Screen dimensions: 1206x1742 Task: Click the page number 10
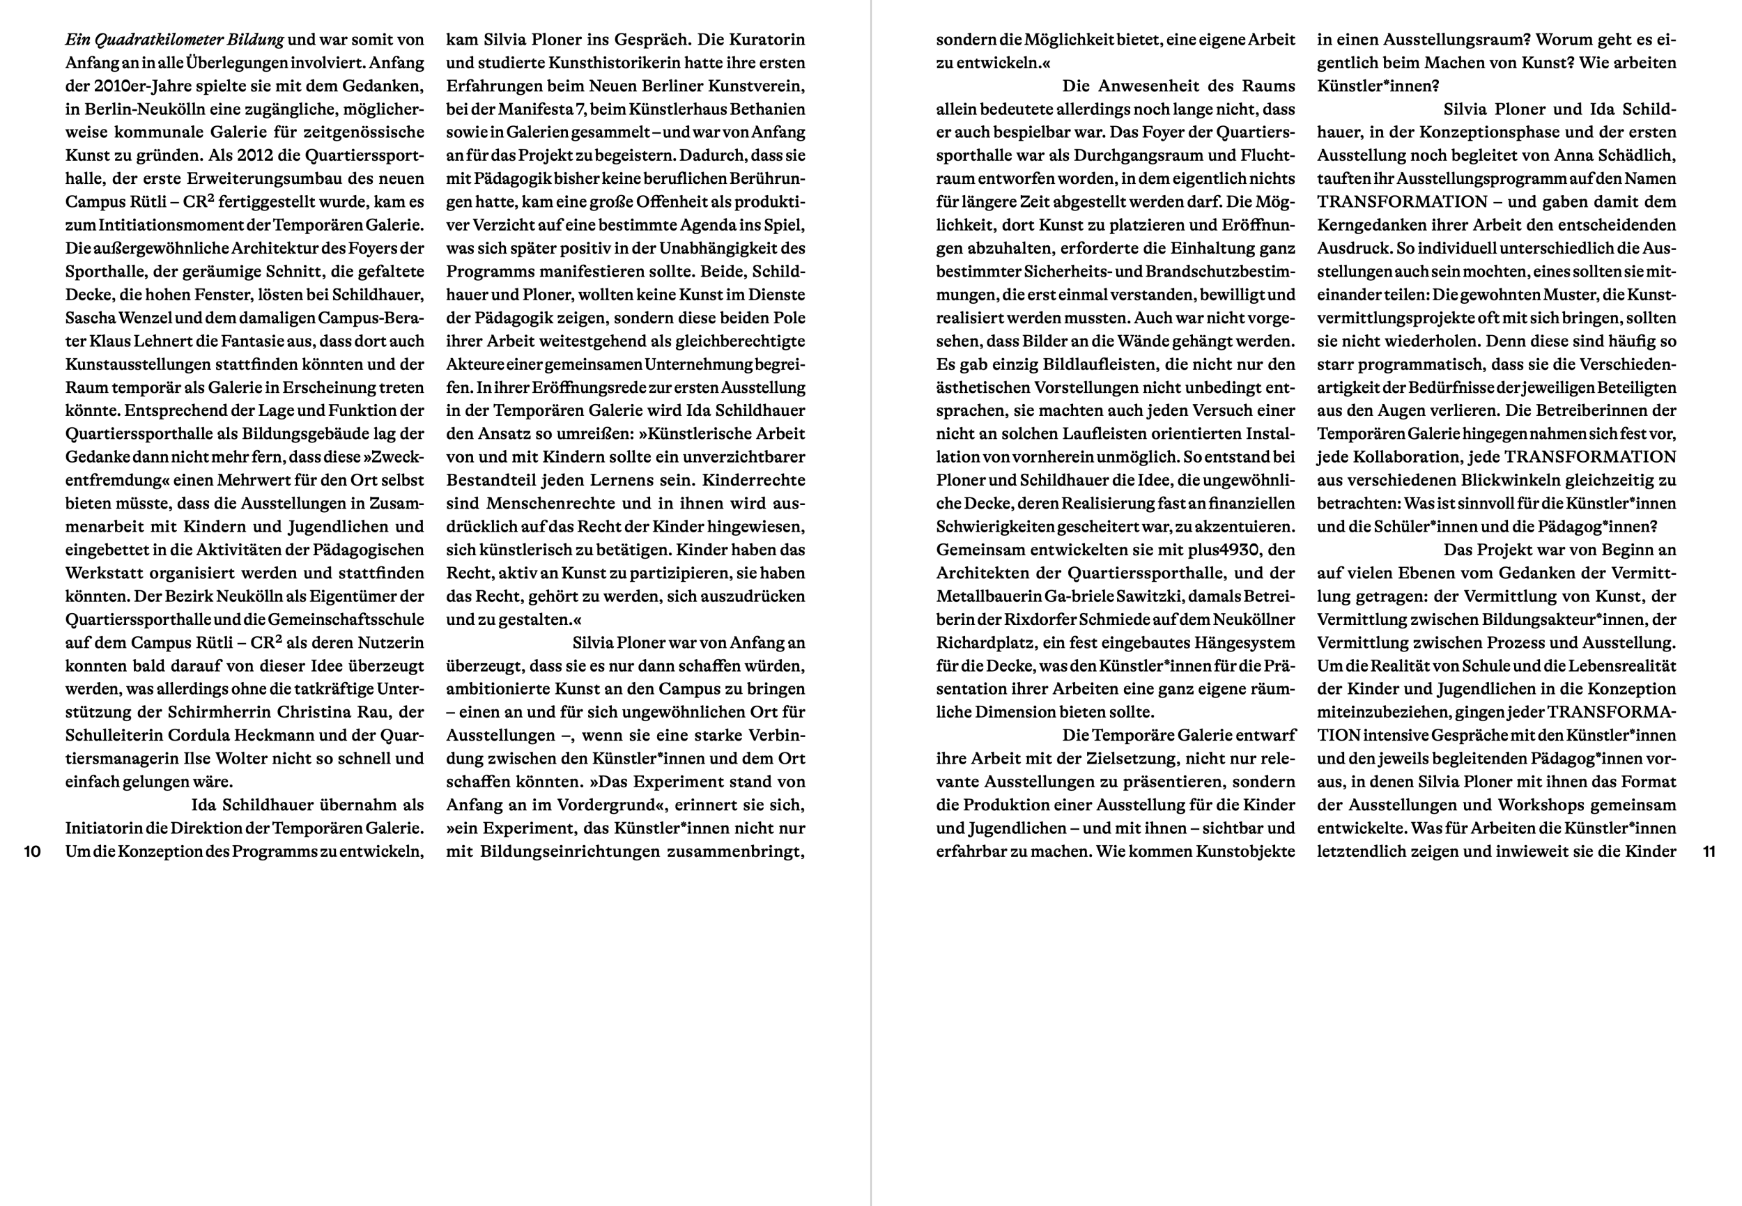click(32, 851)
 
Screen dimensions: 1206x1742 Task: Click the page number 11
click(1709, 851)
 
